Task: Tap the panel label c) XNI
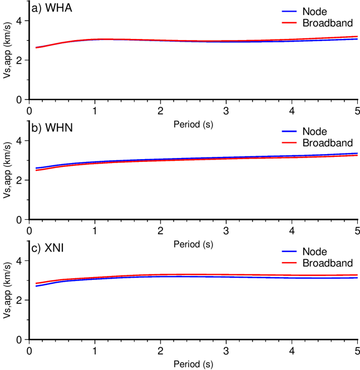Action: (49, 249)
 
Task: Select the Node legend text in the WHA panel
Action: (315, 12)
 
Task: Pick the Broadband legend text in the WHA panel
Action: (328, 23)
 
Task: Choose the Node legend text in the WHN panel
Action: (315, 132)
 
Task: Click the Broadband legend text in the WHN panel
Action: (328, 143)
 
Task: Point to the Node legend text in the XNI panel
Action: (315, 251)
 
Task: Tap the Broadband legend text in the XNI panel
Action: (328, 263)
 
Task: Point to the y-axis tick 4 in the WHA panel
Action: (21, 21)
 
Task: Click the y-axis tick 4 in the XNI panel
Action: (21, 261)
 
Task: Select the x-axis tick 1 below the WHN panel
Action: (95, 231)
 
